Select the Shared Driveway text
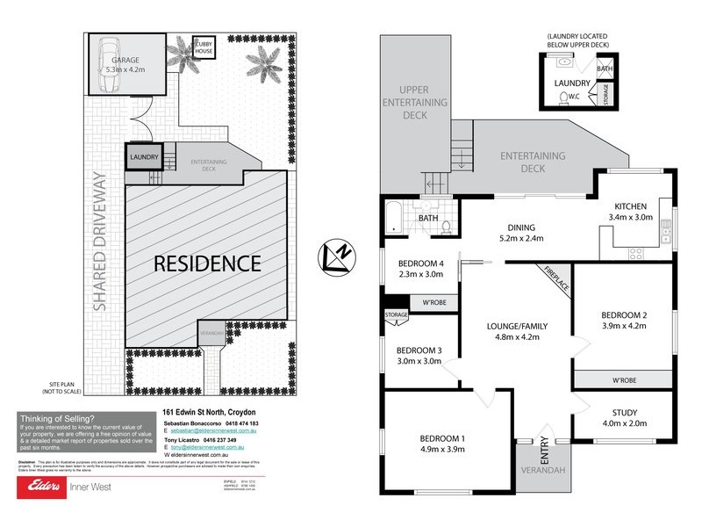(x=102, y=242)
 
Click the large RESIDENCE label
(x=207, y=263)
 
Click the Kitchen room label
(x=630, y=206)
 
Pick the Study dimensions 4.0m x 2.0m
(x=625, y=424)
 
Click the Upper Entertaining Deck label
(x=426, y=103)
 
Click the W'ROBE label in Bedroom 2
(x=624, y=380)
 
